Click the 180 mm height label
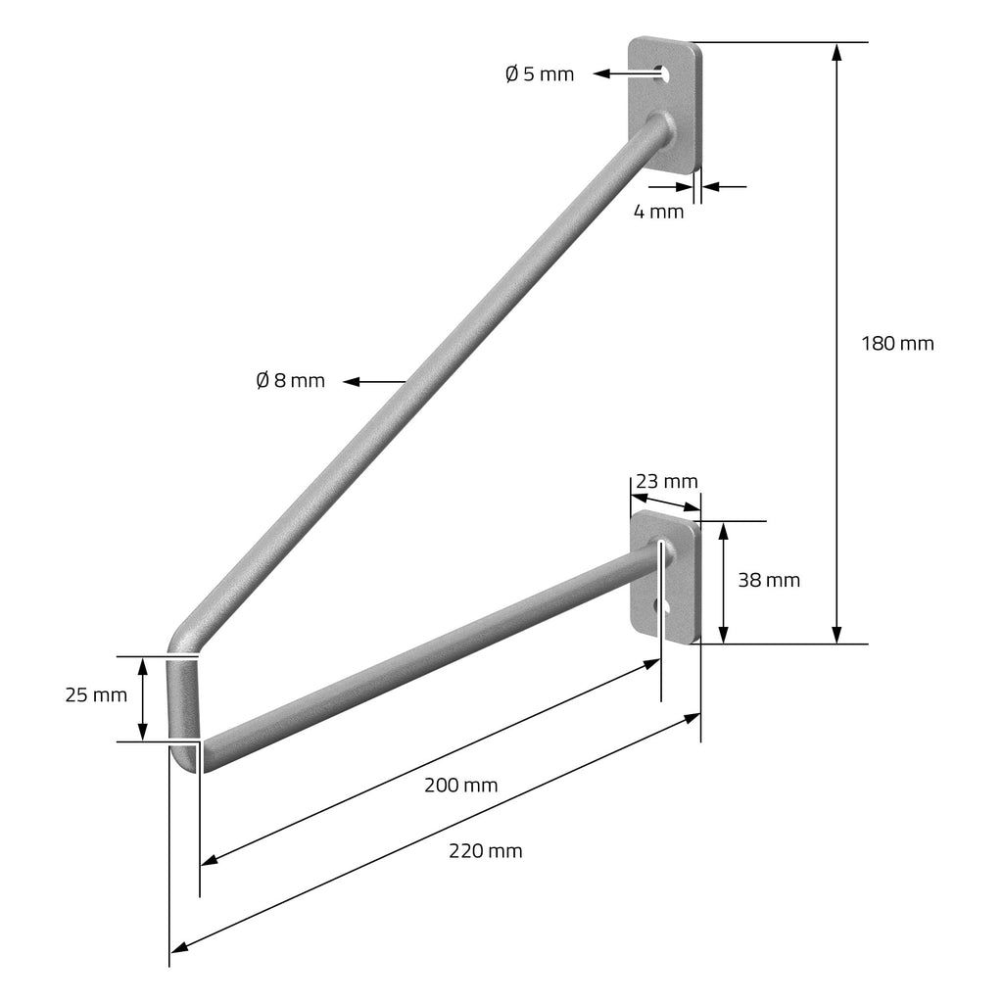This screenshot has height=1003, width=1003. click(897, 344)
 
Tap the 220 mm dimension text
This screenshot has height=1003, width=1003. click(486, 851)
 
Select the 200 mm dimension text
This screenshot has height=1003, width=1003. click(460, 785)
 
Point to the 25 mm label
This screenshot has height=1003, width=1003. click(96, 694)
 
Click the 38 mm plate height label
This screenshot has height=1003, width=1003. click(769, 580)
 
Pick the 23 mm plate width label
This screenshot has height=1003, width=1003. click(666, 481)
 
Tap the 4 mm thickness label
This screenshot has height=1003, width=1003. click(658, 212)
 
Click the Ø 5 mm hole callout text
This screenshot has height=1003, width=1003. click(540, 74)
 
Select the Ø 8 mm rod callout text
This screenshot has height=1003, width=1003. click(290, 381)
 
